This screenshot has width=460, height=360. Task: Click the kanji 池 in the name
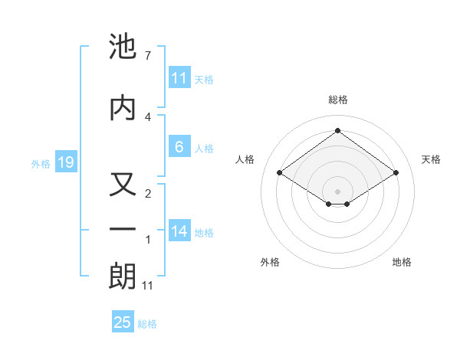tap(123, 47)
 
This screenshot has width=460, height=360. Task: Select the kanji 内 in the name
tap(123, 107)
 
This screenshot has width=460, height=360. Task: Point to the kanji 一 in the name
tap(123, 230)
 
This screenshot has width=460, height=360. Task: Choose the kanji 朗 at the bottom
tap(123, 277)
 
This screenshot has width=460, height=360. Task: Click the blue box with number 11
tap(179, 78)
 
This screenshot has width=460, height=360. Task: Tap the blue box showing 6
tap(179, 147)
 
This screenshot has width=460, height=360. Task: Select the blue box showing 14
tap(179, 231)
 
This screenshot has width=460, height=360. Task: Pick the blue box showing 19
tap(65, 162)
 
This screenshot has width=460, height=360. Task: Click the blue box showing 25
tap(123, 322)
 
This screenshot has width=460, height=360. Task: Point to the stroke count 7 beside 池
tap(148, 56)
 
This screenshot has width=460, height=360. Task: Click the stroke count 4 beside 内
tap(148, 116)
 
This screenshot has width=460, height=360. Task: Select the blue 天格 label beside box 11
tap(204, 79)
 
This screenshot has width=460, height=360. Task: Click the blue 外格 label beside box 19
tap(41, 163)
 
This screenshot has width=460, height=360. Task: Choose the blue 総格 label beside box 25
tap(147, 323)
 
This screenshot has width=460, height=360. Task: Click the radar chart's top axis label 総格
tap(337, 100)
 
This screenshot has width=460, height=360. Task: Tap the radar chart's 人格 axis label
tap(245, 159)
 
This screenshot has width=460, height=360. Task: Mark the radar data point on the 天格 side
tap(396, 173)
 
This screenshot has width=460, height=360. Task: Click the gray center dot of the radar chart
tap(337, 190)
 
